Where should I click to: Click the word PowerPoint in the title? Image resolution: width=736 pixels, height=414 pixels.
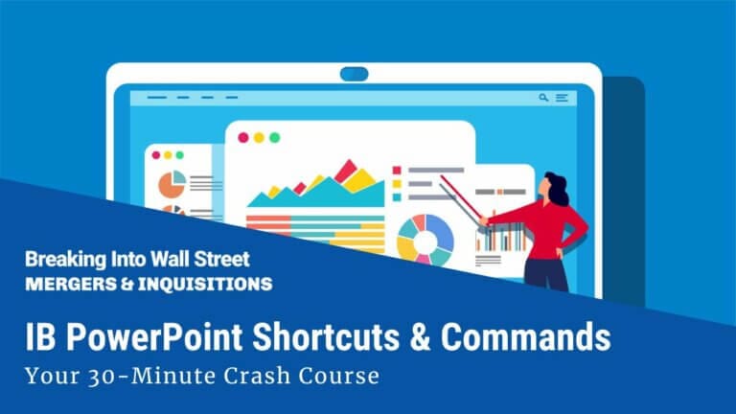148,338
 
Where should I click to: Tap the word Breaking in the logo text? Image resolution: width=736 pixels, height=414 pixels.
63,259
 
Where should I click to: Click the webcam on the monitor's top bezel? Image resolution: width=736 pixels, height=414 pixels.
354,73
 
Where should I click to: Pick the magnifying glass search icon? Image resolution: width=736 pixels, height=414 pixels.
543,98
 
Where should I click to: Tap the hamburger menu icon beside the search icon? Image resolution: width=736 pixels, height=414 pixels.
562,98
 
